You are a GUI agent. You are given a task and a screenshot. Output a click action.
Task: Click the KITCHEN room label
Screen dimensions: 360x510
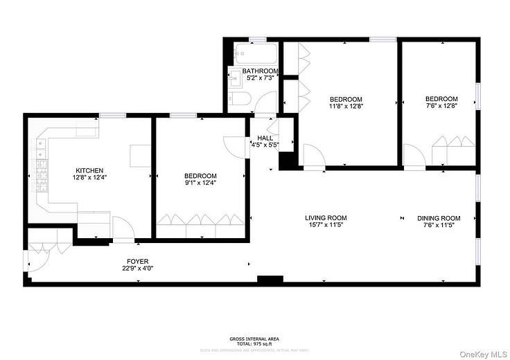(x=89, y=170)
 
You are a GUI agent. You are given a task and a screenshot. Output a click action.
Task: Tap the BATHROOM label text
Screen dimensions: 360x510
(x=260, y=71)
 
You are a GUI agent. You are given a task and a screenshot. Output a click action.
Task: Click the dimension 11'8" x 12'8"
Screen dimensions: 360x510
(x=346, y=107)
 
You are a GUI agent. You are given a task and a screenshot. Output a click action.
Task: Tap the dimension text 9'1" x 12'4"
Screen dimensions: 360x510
(x=200, y=183)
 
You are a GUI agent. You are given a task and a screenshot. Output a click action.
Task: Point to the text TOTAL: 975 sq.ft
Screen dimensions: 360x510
(x=255, y=343)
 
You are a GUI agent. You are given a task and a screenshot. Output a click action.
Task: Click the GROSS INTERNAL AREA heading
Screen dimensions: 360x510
(x=255, y=339)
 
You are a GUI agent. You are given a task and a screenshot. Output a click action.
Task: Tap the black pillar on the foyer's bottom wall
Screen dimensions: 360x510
(x=270, y=280)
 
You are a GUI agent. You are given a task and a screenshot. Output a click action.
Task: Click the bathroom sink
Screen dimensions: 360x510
(x=235, y=78)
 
